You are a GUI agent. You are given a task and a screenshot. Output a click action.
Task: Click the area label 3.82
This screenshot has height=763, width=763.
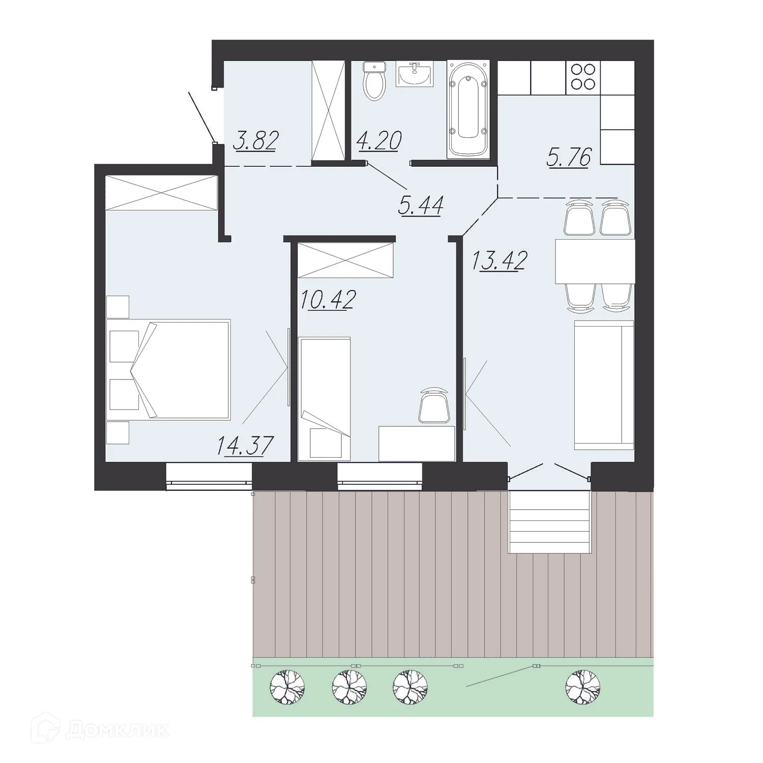(x=255, y=141)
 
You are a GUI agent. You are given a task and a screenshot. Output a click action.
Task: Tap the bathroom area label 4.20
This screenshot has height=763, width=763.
(x=379, y=141)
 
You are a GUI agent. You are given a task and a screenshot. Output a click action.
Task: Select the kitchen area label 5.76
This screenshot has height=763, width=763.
(x=569, y=157)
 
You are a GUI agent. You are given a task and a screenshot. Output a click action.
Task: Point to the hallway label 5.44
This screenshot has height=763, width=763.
(x=421, y=206)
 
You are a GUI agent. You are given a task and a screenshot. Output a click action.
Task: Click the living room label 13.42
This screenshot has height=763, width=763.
(x=499, y=261)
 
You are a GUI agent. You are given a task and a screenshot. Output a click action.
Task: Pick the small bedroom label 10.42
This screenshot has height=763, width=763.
(x=328, y=300)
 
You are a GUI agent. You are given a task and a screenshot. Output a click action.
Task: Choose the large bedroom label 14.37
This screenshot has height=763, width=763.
(x=245, y=446)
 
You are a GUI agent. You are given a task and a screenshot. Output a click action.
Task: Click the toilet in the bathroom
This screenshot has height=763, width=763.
(x=375, y=81)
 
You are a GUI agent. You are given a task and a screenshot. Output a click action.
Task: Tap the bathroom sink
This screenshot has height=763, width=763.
(x=415, y=75)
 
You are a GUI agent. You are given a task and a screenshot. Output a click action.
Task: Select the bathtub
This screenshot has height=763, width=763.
(x=468, y=109)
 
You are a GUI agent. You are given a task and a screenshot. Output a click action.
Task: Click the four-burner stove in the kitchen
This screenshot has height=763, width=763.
(x=583, y=77)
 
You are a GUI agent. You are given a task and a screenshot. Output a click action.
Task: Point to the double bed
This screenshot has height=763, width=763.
(x=170, y=369)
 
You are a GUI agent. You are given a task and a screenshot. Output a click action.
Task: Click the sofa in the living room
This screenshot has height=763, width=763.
(x=604, y=385)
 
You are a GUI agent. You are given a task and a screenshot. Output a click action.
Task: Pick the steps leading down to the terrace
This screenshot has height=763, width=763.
(x=549, y=521)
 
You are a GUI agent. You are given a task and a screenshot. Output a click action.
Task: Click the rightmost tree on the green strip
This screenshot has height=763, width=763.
(x=583, y=687)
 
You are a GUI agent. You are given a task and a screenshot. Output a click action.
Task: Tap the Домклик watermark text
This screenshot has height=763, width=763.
(x=117, y=731)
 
